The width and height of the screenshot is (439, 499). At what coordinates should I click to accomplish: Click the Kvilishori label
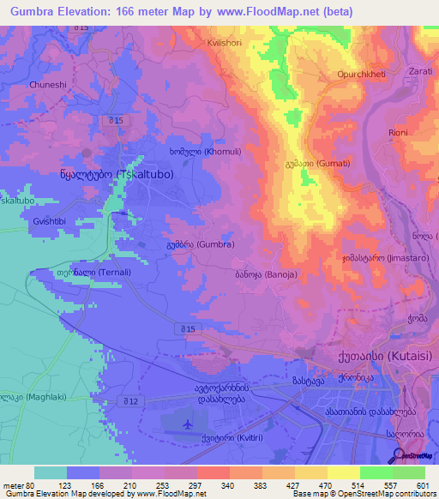(227, 42)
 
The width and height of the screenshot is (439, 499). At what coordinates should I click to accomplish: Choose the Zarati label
(421, 70)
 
